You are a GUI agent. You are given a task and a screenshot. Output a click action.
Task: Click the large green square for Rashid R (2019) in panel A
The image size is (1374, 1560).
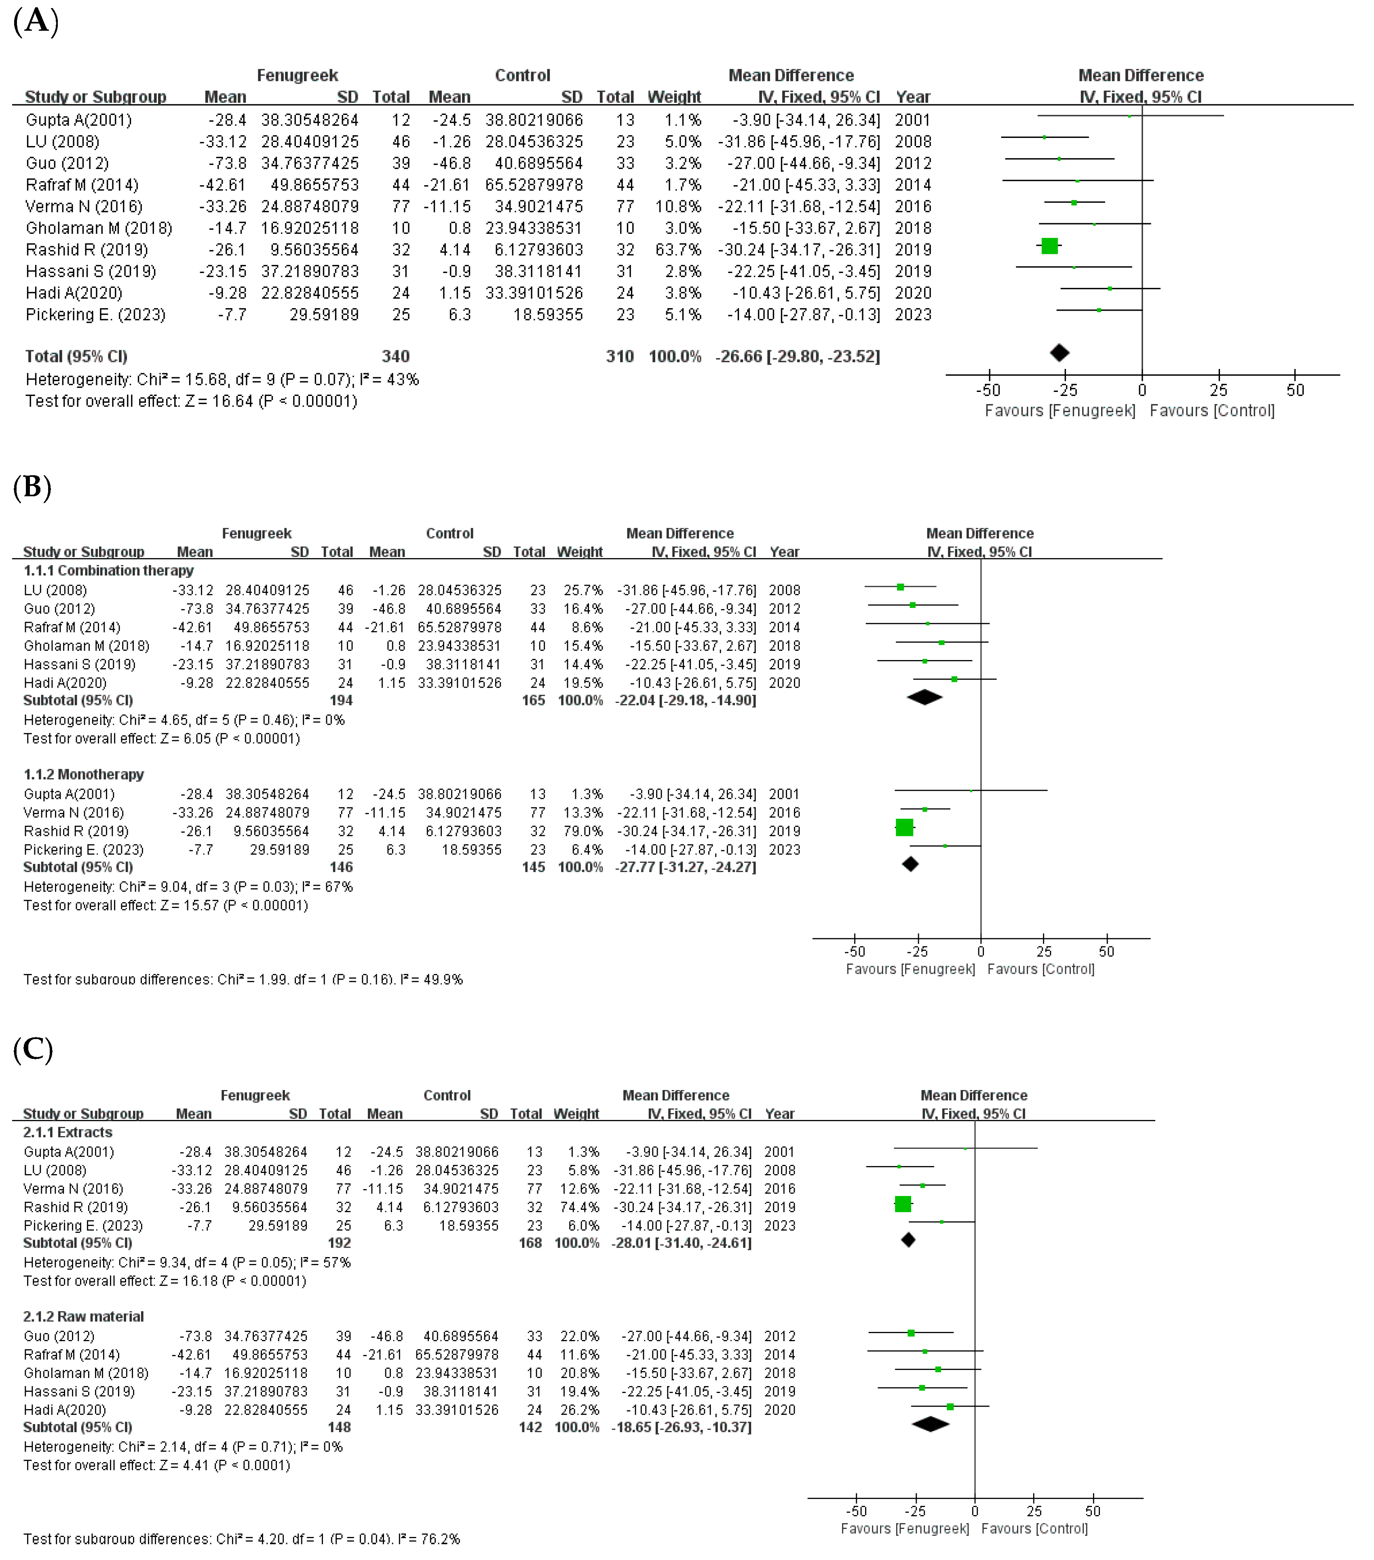(x=1049, y=246)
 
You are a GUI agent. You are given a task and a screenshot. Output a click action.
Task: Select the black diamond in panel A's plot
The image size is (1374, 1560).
(x=1060, y=353)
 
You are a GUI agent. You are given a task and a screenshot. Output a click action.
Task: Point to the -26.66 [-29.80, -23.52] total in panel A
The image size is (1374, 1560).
(x=797, y=356)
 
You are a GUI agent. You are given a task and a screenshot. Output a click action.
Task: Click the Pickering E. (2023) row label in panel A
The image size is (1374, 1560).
(x=95, y=314)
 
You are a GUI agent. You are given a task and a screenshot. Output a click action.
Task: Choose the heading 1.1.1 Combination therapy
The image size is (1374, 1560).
(x=108, y=570)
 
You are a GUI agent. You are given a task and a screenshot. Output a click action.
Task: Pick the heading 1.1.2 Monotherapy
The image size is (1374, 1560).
(x=84, y=774)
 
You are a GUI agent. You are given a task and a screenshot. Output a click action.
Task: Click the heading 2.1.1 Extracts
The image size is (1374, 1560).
(x=68, y=1132)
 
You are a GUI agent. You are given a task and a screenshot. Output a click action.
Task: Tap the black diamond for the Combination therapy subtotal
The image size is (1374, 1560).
(x=924, y=697)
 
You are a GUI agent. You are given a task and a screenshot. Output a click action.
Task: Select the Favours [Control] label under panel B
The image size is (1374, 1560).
(x=1041, y=969)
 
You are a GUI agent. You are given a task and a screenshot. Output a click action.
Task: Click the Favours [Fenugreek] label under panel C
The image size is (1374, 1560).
(x=905, y=1529)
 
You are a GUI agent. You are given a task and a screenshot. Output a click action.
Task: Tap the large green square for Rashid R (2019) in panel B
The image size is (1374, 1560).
(x=904, y=827)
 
